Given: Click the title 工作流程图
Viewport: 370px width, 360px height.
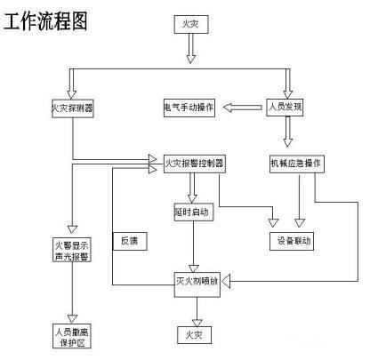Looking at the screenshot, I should pos(45,21).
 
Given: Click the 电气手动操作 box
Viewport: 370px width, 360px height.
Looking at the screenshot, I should pos(188,108).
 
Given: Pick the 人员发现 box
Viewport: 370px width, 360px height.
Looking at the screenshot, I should pos(286,108).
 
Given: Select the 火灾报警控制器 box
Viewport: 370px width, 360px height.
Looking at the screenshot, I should pos(194,164).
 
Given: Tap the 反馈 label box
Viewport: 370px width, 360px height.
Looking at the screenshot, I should pos(130,241).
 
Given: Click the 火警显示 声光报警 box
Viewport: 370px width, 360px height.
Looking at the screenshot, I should pos(74,250).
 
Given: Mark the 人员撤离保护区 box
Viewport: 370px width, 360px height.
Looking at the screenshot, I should pos(74,335).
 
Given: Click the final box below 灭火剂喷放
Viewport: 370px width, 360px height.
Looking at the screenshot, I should pos(193,334).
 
